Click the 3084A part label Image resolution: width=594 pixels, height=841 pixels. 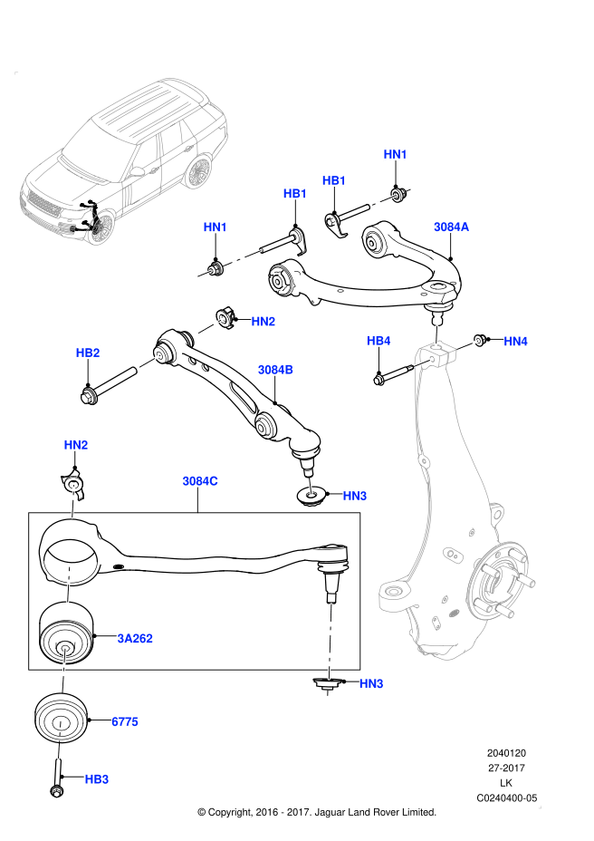pos(451,227)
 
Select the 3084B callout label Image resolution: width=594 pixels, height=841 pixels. pos(275,370)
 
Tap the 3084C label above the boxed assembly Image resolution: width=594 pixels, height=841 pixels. pos(199,481)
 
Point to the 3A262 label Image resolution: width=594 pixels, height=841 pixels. pos(135,638)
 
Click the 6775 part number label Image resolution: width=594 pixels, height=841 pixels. pos(124,721)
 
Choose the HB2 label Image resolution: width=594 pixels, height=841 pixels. pos(88,353)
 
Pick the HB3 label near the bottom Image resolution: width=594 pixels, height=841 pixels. pos(97,778)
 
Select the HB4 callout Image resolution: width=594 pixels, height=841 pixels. pos(378,341)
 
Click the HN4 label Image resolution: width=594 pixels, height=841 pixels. pos(515,341)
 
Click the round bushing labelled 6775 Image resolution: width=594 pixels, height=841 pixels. pos(59,721)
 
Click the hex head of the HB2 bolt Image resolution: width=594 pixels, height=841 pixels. pos(89,394)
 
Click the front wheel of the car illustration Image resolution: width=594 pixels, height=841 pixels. pos(101,228)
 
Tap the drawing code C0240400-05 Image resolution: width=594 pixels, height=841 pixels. pos(507,798)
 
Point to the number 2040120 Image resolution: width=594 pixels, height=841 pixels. pos(507,752)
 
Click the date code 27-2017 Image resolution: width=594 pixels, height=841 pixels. pos(507,768)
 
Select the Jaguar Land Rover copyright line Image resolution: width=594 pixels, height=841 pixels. pos(317,812)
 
